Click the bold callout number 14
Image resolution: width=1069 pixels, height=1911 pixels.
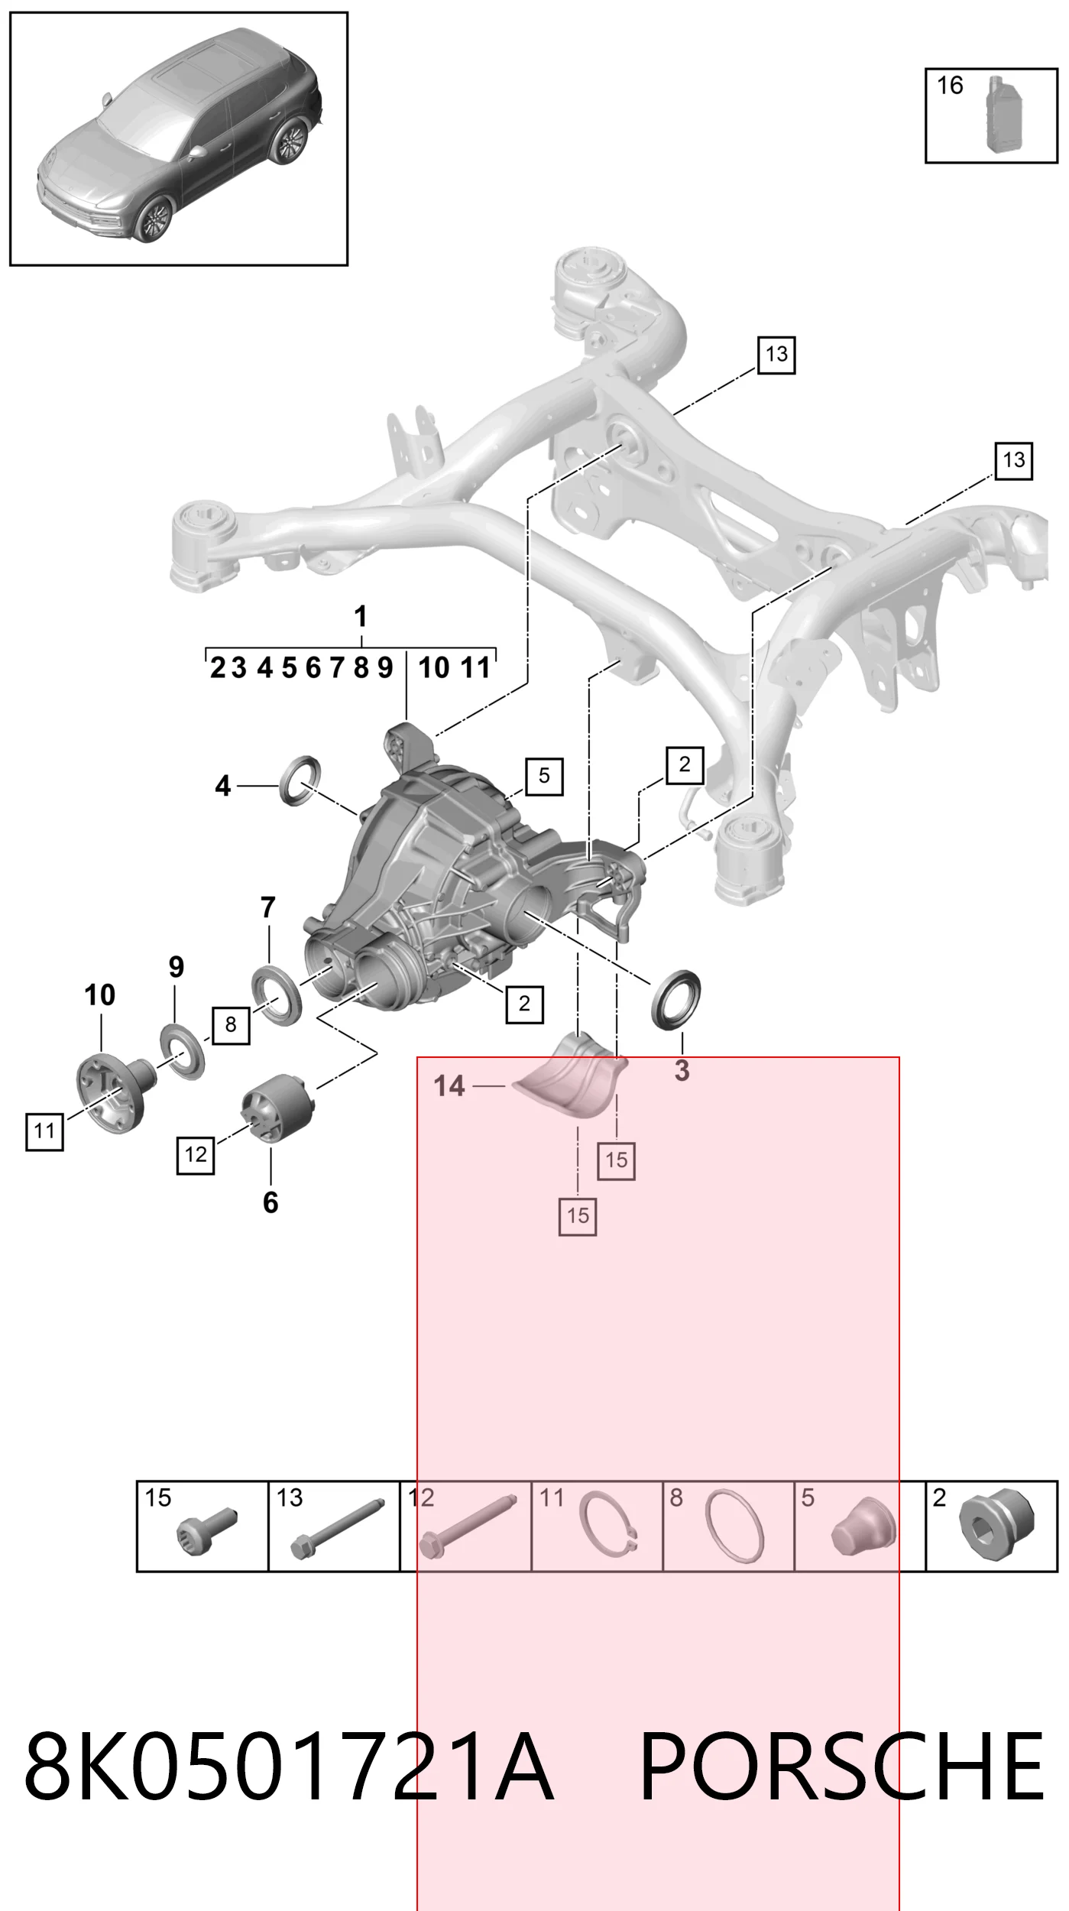449,1085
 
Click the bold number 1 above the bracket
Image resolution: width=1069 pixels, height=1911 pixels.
361,617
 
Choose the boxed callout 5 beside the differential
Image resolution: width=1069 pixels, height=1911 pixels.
544,776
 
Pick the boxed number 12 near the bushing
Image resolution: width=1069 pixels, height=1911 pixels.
196,1154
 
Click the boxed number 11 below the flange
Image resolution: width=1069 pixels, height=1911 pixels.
44,1130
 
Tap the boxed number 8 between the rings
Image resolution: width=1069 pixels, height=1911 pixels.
231,1024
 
